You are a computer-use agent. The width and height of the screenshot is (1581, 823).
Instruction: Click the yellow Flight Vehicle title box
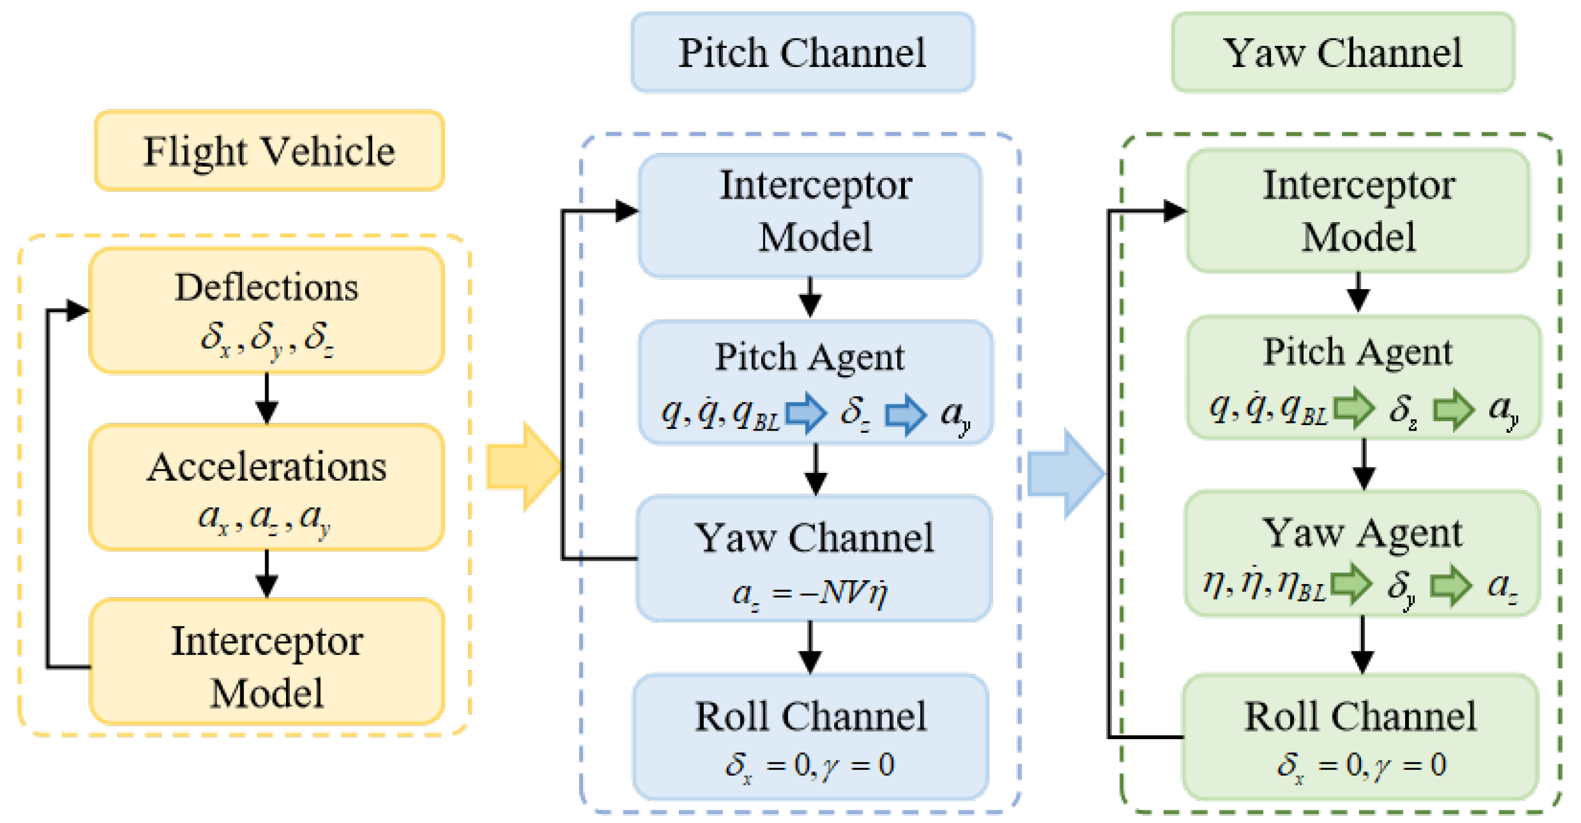[269, 151]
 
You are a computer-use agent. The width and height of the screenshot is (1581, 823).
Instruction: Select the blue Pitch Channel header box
[802, 53]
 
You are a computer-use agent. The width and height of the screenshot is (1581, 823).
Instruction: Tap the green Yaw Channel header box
[1342, 53]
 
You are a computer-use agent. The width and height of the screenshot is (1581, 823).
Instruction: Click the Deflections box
[266, 310]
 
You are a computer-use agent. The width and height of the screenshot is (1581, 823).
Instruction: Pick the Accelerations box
[266, 488]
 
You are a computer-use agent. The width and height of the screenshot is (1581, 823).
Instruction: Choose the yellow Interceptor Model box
[266, 662]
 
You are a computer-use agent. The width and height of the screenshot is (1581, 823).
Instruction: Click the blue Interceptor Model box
[810, 215]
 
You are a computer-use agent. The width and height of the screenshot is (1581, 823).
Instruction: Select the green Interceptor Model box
[1358, 211]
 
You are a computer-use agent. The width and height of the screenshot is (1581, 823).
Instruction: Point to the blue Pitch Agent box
[815, 382]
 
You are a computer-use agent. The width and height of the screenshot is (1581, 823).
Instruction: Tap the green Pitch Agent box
[1363, 377]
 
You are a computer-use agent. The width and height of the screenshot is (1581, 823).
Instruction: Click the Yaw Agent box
[1362, 553]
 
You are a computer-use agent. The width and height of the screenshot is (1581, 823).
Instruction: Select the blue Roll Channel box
[810, 736]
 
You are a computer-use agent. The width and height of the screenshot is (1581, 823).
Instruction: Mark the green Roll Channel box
[1360, 736]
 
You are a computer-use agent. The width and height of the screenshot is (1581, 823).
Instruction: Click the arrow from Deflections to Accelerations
[266, 398]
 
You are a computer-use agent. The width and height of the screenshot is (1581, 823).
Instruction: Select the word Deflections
[266, 287]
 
